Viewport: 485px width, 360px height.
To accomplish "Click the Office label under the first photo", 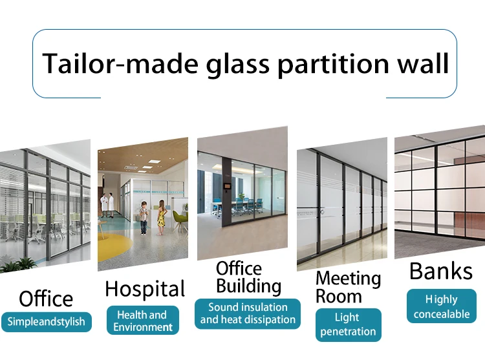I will [46, 299].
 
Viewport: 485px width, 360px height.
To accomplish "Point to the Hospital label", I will [145, 289].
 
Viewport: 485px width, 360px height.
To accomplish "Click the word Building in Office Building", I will [248, 286].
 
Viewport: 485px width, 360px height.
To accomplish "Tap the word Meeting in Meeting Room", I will [348, 279].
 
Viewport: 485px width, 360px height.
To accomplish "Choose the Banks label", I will [441, 271].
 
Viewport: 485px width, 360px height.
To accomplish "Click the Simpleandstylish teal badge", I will [47, 321].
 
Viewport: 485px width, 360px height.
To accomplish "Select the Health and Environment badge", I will [142, 321].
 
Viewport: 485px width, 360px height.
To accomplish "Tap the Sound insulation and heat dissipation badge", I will [248, 313].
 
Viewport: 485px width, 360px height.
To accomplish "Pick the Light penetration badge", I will [347, 324].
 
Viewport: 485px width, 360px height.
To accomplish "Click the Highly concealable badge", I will [442, 306].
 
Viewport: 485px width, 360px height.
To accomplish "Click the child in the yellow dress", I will [161, 217].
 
